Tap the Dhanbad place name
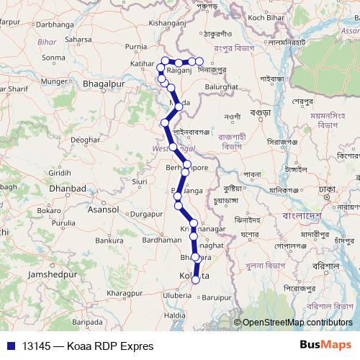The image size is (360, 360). coord(68,189)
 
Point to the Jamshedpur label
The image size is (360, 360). coord(51,275)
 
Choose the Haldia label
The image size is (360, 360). coord(176,315)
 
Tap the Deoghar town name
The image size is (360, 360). coord(84,139)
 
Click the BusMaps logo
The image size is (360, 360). coord(326,345)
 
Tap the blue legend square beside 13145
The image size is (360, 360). coord(11,346)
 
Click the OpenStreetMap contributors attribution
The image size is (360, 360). coord(297,323)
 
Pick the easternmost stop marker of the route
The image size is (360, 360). coord(200,63)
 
